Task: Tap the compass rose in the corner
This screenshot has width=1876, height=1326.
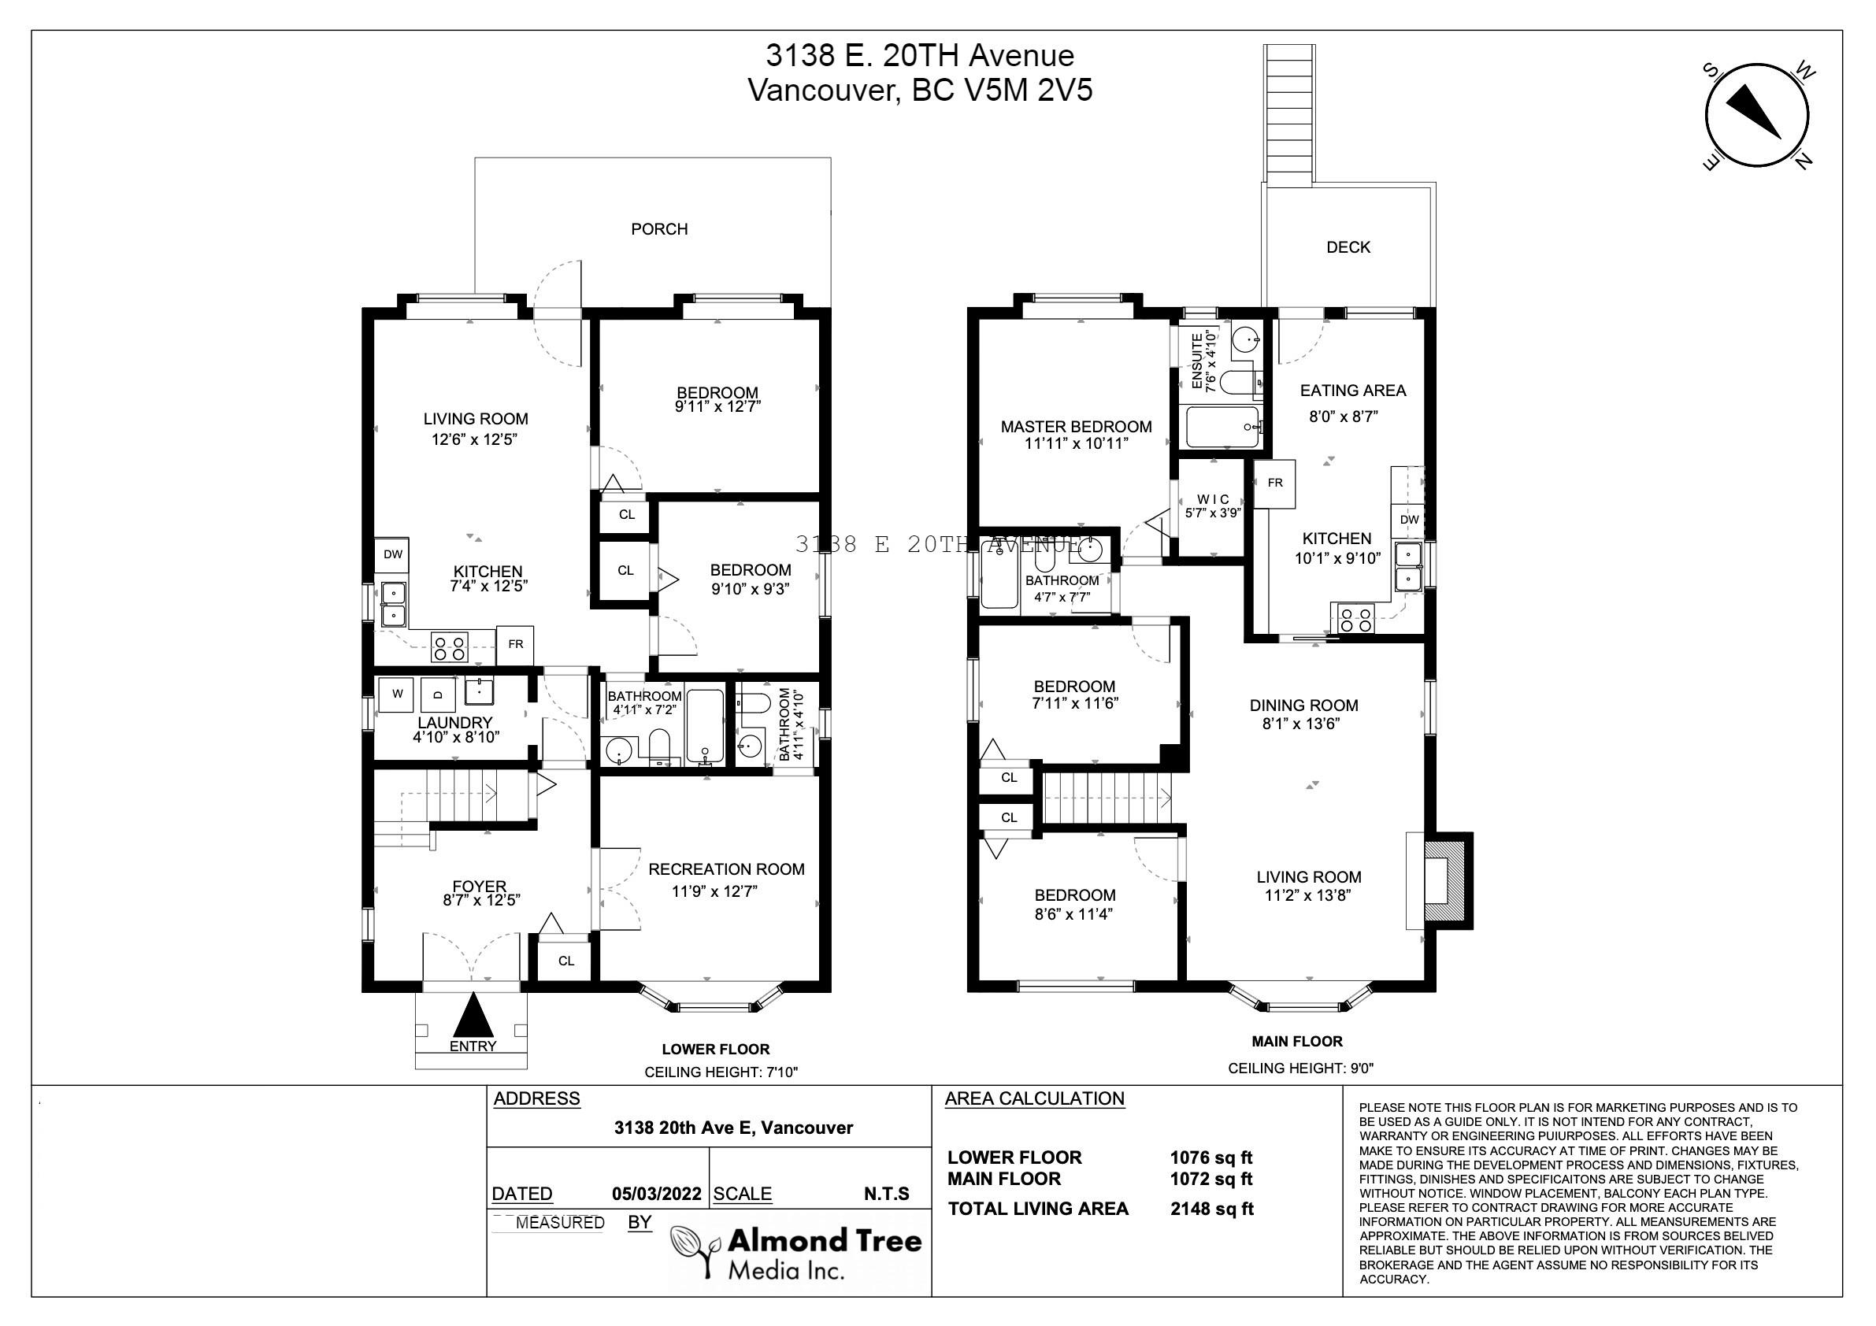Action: click(1757, 116)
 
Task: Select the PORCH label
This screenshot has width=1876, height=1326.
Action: click(659, 230)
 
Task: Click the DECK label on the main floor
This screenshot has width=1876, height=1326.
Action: click(1348, 247)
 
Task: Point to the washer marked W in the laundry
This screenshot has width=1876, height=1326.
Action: click(396, 694)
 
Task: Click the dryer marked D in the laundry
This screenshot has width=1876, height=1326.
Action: click(438, 694)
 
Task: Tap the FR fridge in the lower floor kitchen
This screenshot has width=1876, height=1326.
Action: click(516, 645)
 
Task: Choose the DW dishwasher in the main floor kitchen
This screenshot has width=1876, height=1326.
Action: click(1409, 520)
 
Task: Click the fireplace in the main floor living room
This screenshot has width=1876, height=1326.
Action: click(1440, 881)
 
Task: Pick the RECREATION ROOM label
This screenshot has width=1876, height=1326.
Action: click(726, 869)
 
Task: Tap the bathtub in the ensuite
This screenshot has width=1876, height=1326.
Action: click(1223, 427)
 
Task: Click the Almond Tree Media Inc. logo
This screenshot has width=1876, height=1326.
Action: click(797, 1252)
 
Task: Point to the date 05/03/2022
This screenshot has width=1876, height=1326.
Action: click(656, 1194)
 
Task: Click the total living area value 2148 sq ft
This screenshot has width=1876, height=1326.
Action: click(1212, 1209)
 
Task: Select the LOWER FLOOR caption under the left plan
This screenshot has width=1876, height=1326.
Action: click(716, 1049)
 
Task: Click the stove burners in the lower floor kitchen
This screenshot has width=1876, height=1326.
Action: click(450, 648)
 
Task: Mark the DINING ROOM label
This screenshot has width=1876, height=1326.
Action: click(1304, 705)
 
